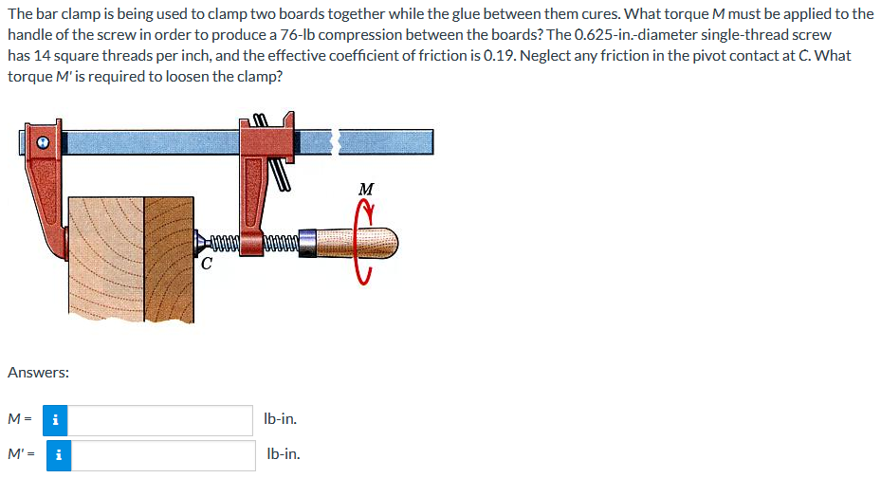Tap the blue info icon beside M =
pos(57,419)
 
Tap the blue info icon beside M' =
pos(57,454)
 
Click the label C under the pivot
pos(206,265)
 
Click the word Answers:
pos(38,373)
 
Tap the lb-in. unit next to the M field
pos(283,418)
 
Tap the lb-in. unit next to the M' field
pos(283,454)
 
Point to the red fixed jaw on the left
pos(43,190)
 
